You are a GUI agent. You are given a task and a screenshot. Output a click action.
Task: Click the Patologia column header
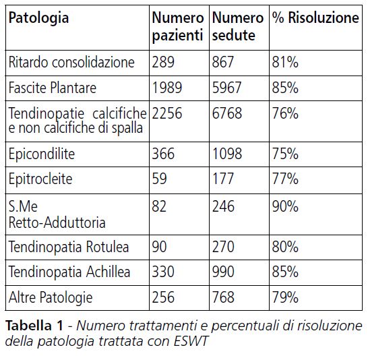tap(38, 19)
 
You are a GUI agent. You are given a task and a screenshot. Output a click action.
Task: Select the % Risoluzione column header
tap(315, 19)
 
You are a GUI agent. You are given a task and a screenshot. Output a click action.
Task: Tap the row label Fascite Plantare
tap(52, 88)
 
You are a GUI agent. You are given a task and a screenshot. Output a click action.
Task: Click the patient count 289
tap(164, 63)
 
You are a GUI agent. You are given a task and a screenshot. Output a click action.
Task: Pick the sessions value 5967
tap(226, 88)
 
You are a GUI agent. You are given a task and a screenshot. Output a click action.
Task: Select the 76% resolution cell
tap(285, 113)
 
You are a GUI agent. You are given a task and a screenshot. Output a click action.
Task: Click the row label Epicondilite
tap(42, 154)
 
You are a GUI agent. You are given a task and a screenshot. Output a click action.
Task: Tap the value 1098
tap(226, 154)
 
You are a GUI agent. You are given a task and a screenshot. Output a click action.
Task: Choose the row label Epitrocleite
tap(40, 180)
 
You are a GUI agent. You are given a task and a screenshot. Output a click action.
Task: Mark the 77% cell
tap(285, 180)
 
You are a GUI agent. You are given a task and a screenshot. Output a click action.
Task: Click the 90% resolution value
tap(285, 206)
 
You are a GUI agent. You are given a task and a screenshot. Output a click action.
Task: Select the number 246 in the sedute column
tap(223, 206)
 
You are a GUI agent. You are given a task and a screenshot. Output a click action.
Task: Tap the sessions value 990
tap(223, 272)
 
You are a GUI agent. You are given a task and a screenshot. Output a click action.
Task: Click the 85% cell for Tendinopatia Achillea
tap(285, 272)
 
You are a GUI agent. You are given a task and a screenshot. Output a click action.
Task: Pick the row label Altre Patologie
tap(50, 297)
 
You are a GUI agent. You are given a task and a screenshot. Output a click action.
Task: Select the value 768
tap(223, 297)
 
